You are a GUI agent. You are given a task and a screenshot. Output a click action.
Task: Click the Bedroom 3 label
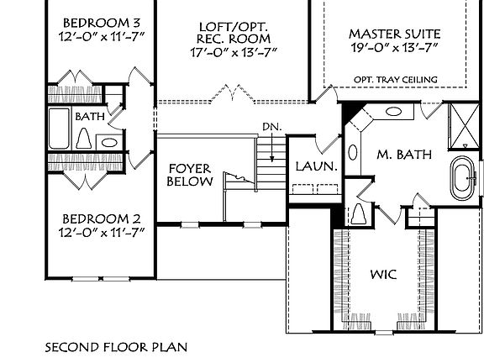pos(102,23)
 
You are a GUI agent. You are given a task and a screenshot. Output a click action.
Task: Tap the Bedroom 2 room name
pos(102,218)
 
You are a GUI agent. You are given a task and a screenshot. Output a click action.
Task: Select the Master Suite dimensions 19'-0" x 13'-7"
pos(394,47)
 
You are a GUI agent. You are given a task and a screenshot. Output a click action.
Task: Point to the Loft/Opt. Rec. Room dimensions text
pos(234,52)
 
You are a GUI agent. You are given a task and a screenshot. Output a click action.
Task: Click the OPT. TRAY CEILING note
pos(396,79)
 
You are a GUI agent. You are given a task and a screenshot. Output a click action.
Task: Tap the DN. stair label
pos(272,127)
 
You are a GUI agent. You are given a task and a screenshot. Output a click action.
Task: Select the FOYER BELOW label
pos(190,175)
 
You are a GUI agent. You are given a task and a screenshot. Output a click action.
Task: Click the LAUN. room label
pos(317,166)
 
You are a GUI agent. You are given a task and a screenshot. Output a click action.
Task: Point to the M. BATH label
pos(404,154)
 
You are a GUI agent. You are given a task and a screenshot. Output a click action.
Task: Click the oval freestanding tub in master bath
pos(462,178)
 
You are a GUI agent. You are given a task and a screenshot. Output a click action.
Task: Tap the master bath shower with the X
pos(464,126)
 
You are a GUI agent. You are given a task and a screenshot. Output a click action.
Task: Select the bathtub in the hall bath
pos(59,129)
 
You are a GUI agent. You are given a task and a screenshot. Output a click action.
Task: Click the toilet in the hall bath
pos(84,139)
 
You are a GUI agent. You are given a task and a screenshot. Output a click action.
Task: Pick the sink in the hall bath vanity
pos(109,143)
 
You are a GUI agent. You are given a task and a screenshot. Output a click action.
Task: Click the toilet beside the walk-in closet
pos(359,213)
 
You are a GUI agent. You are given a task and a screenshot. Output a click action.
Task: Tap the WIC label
pos(383,274)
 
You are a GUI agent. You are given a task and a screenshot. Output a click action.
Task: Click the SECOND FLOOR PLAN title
pos(116,347)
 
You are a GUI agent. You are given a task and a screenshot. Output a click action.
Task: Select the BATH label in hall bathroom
pos(90,116)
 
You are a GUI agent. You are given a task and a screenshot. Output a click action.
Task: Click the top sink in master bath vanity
pos(393,112)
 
